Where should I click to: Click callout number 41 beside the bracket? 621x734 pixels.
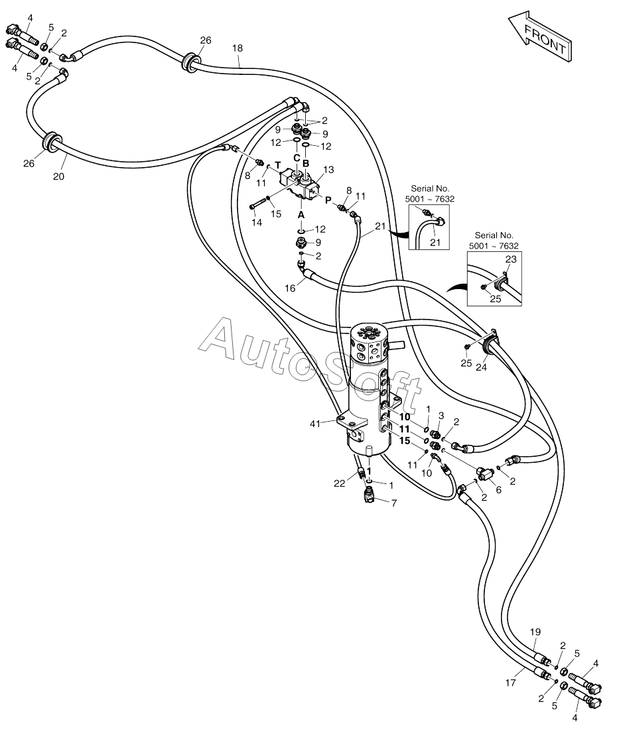click(x=315, y=424)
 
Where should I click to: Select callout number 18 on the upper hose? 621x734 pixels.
click(x=238, y=48)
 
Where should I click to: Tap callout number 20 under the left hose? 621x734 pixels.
click(x=58, y=176)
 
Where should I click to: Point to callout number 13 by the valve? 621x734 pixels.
click(x=329, y=170)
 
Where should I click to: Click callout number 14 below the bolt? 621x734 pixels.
click(x=257, y=223)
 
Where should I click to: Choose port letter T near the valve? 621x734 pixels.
click(x=278, y=165)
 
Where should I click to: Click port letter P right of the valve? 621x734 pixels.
click(x=328, y=200)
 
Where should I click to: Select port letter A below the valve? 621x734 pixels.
click(x=301, y=214)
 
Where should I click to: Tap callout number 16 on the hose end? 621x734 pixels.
click(x=291, y=288)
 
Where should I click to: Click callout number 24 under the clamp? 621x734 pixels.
click(x=482, y=367)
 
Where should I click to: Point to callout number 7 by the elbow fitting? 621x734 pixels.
click(x=394, y=503)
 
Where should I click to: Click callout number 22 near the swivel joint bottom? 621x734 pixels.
click(x=340, y=483)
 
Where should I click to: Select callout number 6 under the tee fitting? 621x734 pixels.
click(x=498, y=489)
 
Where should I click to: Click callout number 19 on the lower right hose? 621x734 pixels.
click(x=535, y=632)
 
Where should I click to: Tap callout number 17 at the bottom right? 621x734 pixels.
click(x=510, y=683)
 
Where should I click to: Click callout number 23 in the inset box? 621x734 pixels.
click(x=511, y=259)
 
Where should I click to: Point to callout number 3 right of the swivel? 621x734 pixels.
click(x=441, y=416)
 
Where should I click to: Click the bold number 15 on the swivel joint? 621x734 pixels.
click(x=404, y=440)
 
